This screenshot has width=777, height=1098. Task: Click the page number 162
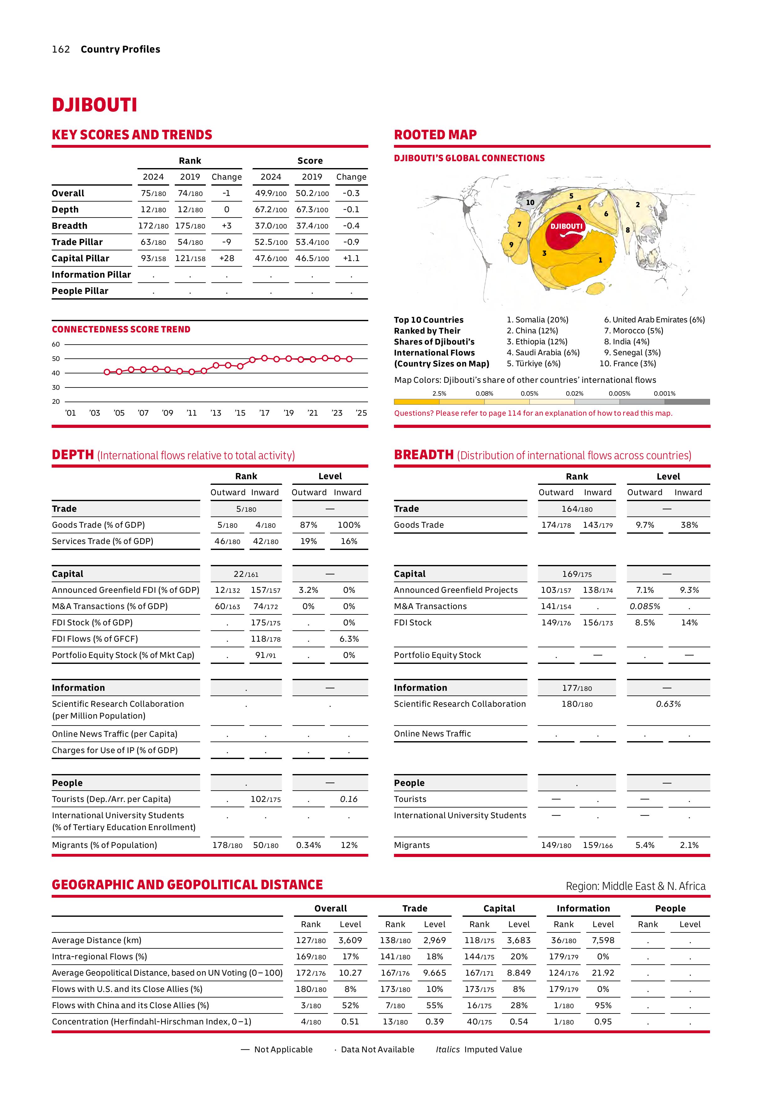61,49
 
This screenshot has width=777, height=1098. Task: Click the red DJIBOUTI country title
94,105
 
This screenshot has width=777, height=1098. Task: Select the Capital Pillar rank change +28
226,258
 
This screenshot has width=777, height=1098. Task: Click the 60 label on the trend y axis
56,344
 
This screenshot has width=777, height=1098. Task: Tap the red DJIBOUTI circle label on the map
567,226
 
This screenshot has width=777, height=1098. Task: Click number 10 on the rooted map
530,202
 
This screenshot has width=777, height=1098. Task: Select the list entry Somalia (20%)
537,320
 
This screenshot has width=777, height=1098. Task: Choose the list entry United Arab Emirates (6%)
654,320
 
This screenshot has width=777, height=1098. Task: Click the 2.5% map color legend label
439,393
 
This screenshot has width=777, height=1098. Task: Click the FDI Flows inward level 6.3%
349,639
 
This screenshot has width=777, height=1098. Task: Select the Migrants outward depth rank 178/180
227,845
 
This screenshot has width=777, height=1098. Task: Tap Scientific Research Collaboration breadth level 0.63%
668,704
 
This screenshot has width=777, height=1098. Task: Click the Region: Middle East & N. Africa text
635,886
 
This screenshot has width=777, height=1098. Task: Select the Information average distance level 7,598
603,940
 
